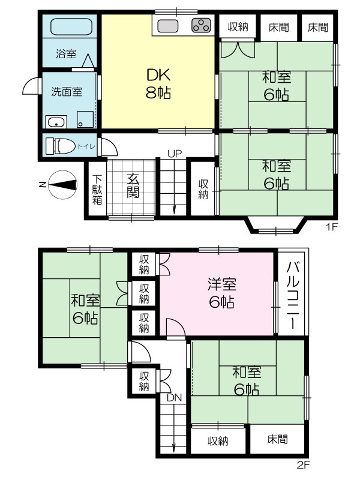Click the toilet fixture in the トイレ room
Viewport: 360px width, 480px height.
[x=61, y=145]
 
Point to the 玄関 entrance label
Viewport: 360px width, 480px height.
[x=133, y=186]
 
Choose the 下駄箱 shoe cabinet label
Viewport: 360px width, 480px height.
[x=97, y=190]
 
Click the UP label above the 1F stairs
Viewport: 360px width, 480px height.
[x=175, y=153]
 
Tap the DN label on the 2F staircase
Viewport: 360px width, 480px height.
[x=174, y=398]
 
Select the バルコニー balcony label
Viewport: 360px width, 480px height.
[x=293, y=294]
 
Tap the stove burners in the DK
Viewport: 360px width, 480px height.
[x=201, y=26]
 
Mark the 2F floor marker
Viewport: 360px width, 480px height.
[x=304, y=464]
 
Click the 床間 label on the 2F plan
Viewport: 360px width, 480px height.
[x=277, y=440]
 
